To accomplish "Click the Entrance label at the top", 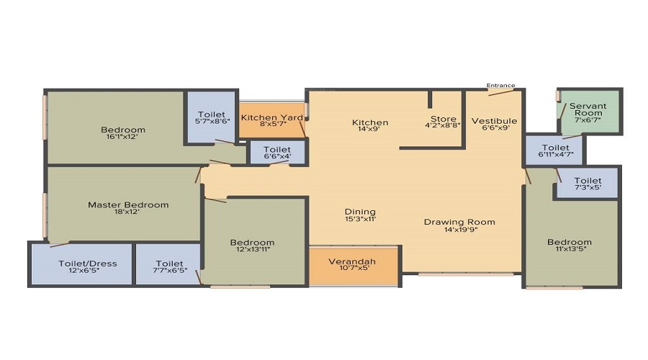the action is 500,86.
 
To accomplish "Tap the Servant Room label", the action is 588,109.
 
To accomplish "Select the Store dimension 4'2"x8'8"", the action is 443,125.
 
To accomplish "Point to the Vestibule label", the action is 494,121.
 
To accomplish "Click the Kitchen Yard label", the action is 272,117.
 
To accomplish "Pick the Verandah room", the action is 354,265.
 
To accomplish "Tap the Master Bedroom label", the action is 128,204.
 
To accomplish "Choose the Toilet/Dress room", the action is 82,264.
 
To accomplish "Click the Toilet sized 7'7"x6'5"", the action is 168,264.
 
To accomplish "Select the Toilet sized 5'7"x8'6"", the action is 212,117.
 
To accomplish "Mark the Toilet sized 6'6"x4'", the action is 277,153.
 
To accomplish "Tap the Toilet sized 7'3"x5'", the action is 588,183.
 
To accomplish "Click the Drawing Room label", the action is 459,222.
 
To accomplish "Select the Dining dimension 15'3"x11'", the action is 361,219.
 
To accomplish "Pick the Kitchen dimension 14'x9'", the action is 370,129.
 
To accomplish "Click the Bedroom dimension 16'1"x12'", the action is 122,136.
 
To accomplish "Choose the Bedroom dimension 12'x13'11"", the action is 253,249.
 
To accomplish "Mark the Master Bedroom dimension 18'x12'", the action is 127,212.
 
